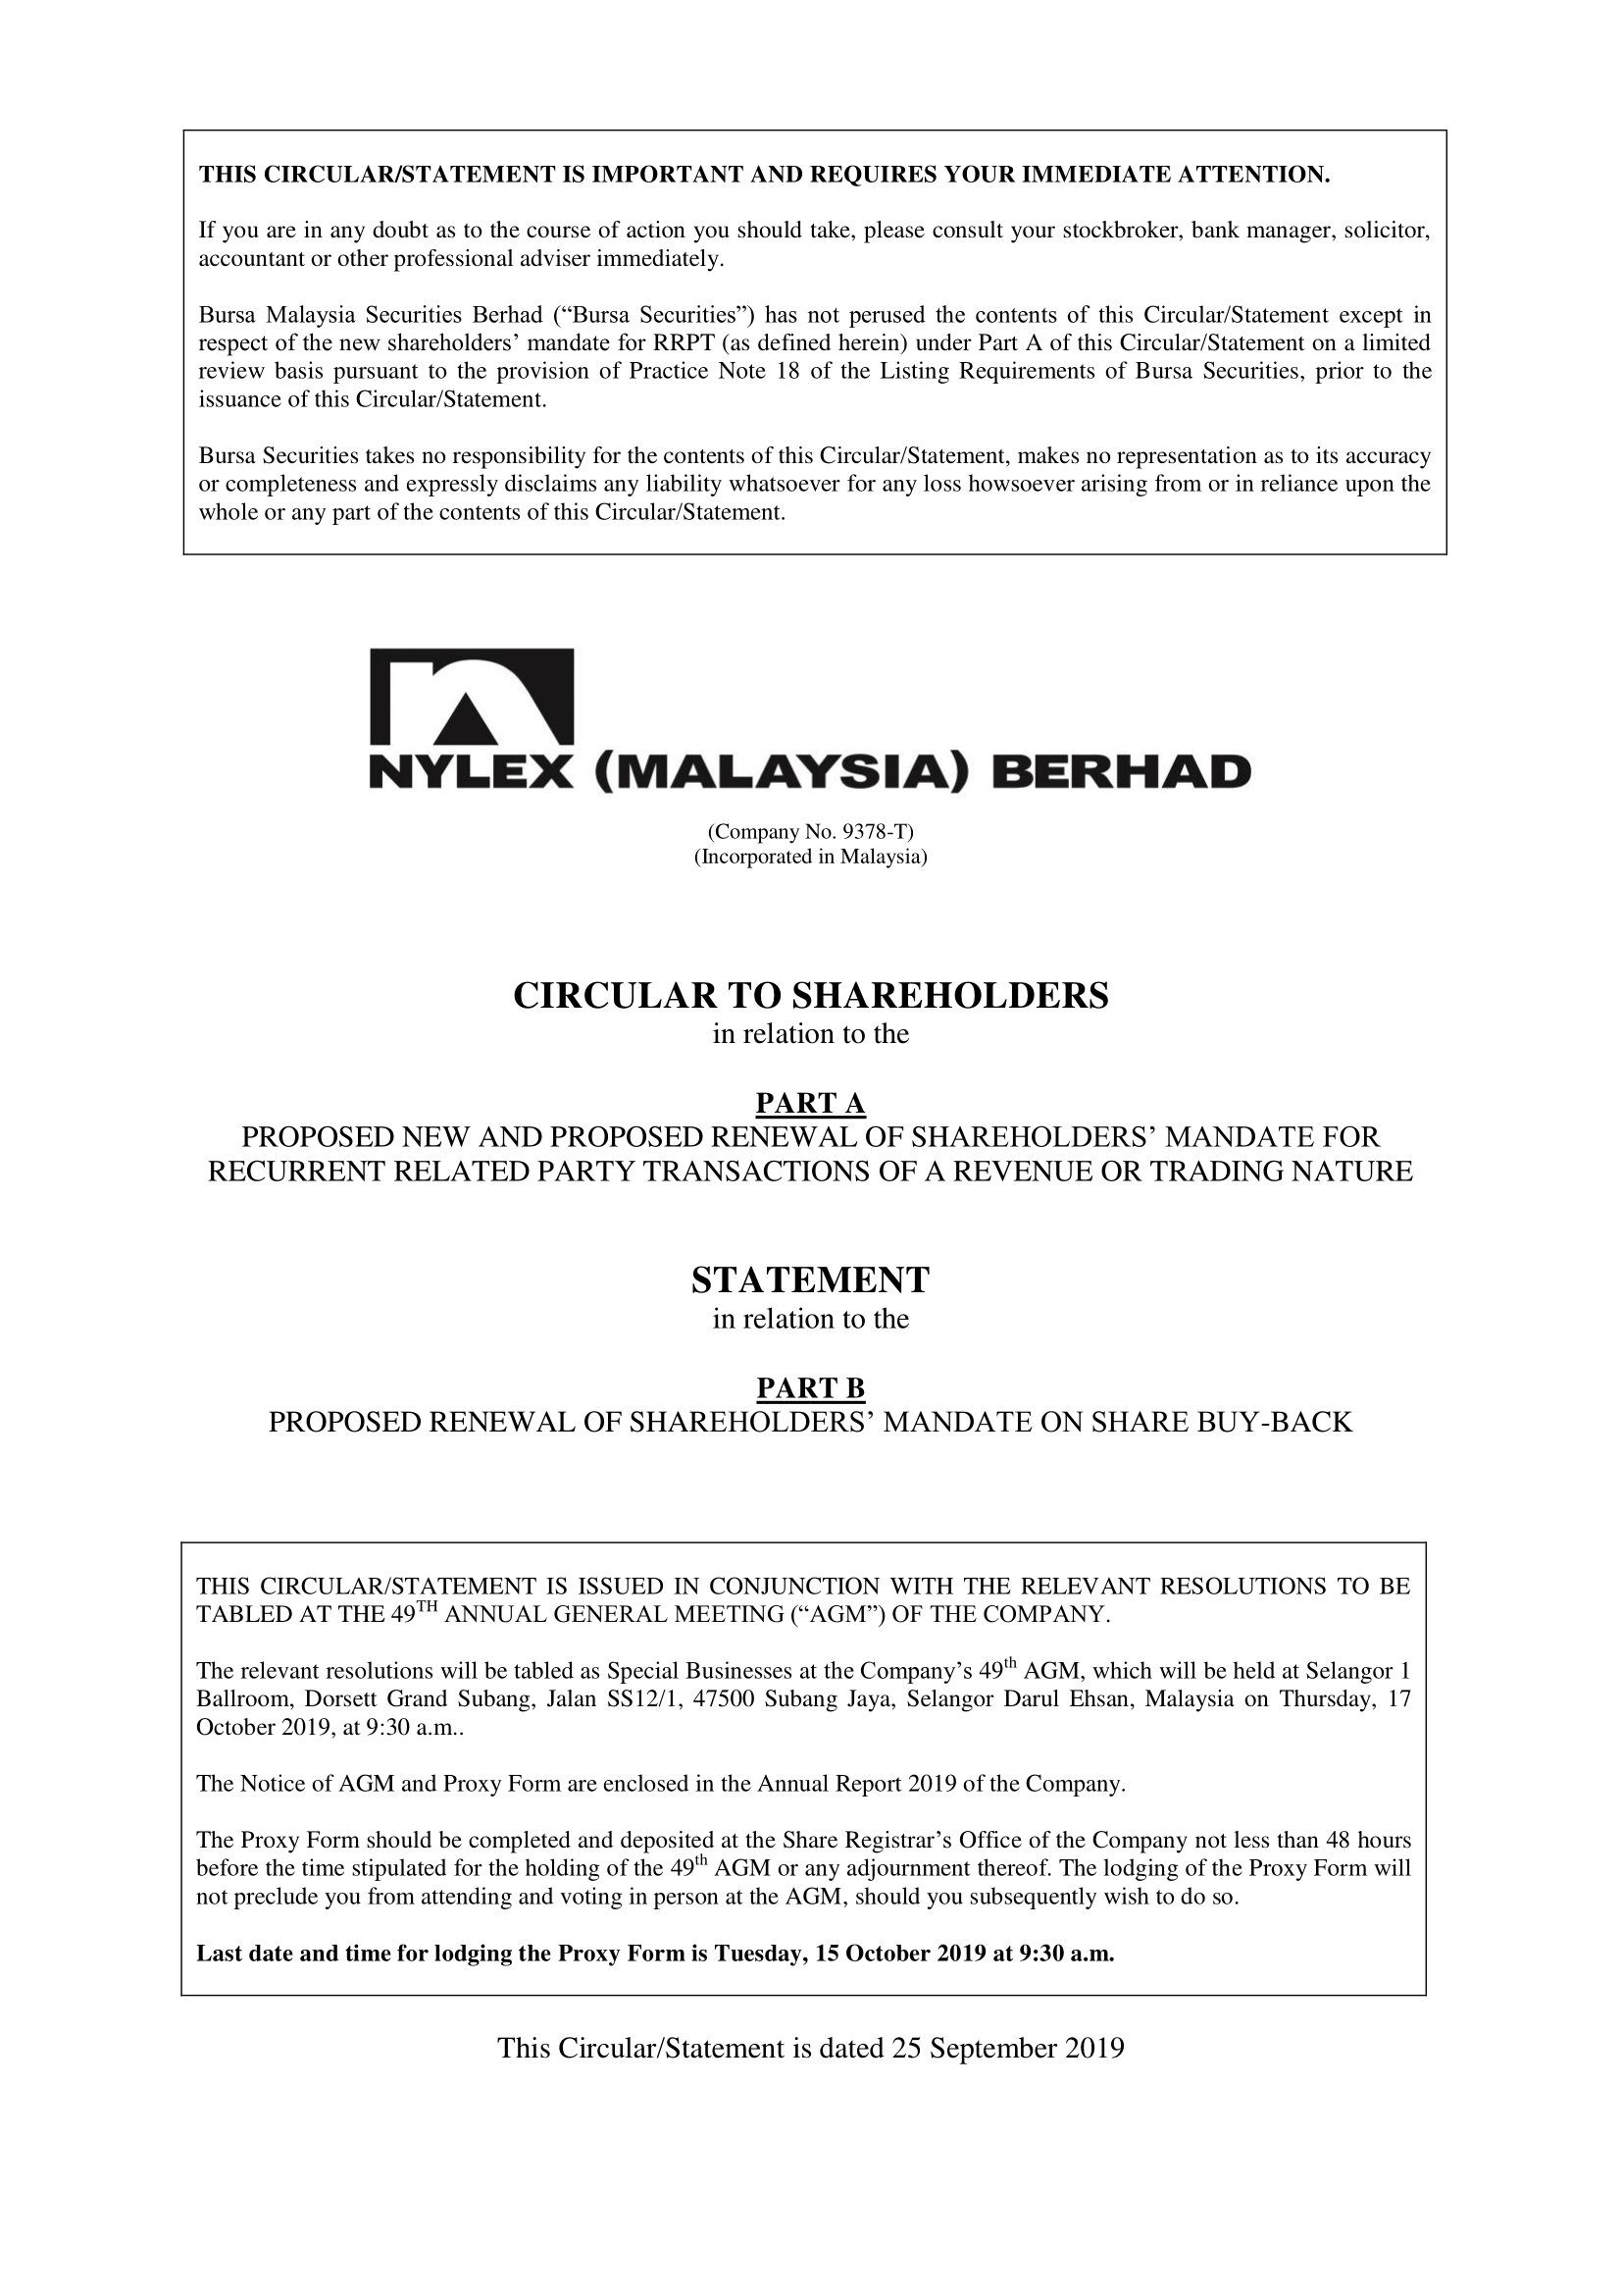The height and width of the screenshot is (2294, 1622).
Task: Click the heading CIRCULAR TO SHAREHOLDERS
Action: click(810, 996)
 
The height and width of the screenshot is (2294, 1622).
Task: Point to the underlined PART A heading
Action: click(810, 1103)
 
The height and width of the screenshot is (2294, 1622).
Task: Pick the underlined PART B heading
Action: click(810, 1387)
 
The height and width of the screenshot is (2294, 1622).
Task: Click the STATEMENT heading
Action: click(810, 1279)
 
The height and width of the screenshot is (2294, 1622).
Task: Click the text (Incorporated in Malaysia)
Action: click(810, 858)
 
